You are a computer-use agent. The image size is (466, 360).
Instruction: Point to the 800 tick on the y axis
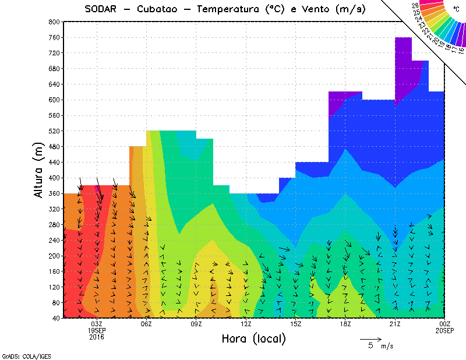point(54,22)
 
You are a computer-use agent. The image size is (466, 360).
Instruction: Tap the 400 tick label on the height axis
point(54,178)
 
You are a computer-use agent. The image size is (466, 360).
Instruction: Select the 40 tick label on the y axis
point(56,318)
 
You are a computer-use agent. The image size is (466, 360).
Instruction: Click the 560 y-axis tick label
point(54,115)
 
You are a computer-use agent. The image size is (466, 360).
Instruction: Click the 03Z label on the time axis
point(97,324)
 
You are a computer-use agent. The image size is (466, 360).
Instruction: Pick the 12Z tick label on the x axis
point(246,324)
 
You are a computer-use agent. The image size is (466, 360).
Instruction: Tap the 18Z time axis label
point(345,324)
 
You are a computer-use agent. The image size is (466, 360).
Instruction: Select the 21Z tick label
point(395,324)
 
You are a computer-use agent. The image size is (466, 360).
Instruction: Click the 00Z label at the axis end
point(444,324)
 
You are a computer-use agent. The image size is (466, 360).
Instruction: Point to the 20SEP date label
point(444,330)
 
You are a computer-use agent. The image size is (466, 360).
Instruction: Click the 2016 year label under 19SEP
point(97,337)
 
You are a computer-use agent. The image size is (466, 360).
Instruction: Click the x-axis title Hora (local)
point(253,338)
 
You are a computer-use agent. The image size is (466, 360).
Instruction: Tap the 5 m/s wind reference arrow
point(370,338)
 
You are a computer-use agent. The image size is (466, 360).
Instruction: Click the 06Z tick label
point(146,324)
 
